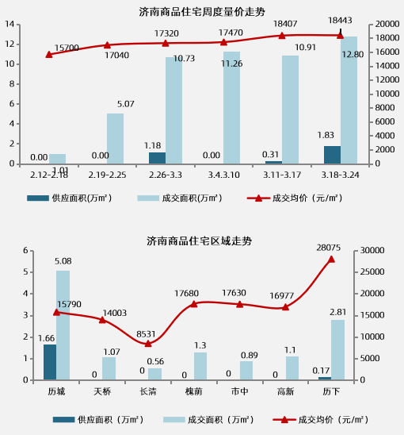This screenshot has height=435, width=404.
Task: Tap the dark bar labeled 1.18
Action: pos(158,158)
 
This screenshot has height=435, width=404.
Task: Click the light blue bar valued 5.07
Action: pos(116,138)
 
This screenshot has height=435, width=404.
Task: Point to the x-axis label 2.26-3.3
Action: pos(165,174)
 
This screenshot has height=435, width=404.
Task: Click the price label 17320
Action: pos(166,34)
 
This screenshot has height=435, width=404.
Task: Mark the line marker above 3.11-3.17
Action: pos(281,36)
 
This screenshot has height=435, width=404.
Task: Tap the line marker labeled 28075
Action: pos(331,259)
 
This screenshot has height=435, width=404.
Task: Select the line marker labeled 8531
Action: pos(148,343)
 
